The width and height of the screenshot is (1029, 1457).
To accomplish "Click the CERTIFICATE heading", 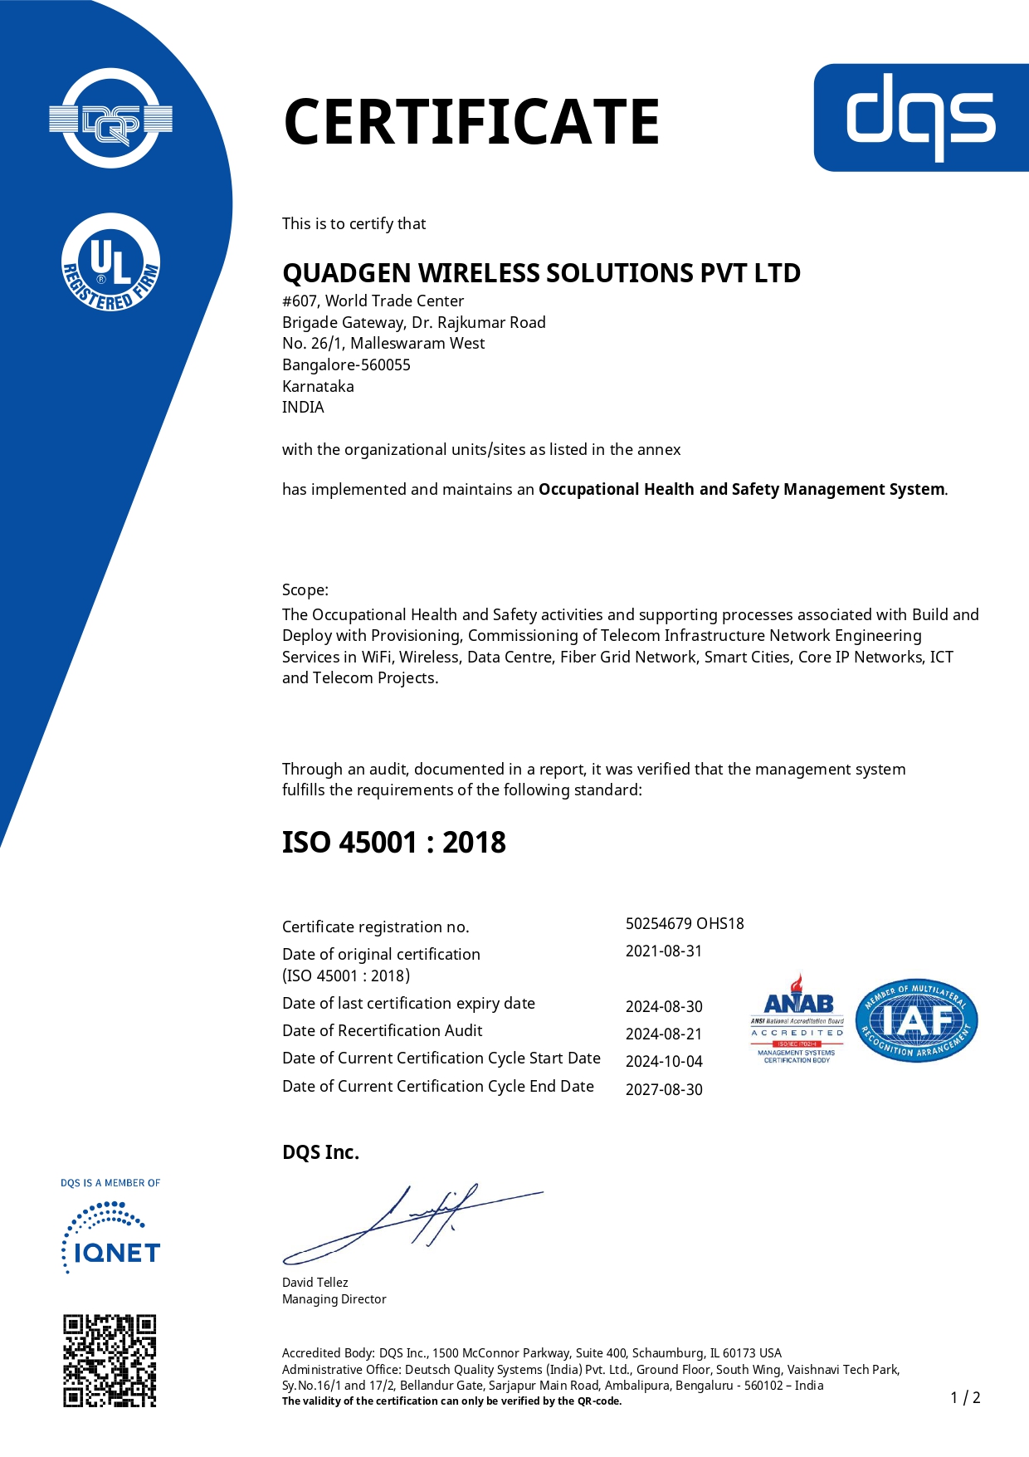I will point(471,122).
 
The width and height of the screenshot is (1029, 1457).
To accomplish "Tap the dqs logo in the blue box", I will point(920,117).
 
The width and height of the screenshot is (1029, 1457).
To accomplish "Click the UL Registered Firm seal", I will point(111,263).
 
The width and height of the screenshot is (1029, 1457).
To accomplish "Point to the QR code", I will point(110,1361).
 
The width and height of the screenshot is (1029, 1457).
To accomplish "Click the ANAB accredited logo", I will point(797,1019).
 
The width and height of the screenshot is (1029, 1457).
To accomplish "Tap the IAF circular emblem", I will point(916,1019).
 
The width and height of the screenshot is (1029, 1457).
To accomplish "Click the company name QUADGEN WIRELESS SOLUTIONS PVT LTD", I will point(541,273).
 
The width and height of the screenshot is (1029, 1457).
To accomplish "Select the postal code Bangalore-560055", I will point(346,365).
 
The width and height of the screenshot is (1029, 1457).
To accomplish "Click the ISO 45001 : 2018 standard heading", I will point(394,843).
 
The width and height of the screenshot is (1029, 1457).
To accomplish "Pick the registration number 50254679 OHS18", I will point(685,924).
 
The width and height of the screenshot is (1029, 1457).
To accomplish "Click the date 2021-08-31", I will point(664,951).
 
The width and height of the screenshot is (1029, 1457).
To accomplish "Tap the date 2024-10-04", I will point(664,1062).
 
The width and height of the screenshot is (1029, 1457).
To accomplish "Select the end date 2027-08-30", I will point(664,1090).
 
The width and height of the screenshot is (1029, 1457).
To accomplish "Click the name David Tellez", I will point(315,1283).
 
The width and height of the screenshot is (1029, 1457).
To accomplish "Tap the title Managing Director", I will point(334,1299).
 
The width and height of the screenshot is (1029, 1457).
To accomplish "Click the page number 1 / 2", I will point(965,1398).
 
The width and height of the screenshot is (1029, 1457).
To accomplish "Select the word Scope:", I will point(305,590).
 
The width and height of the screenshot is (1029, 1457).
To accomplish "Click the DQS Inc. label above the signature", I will point(321,1152).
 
